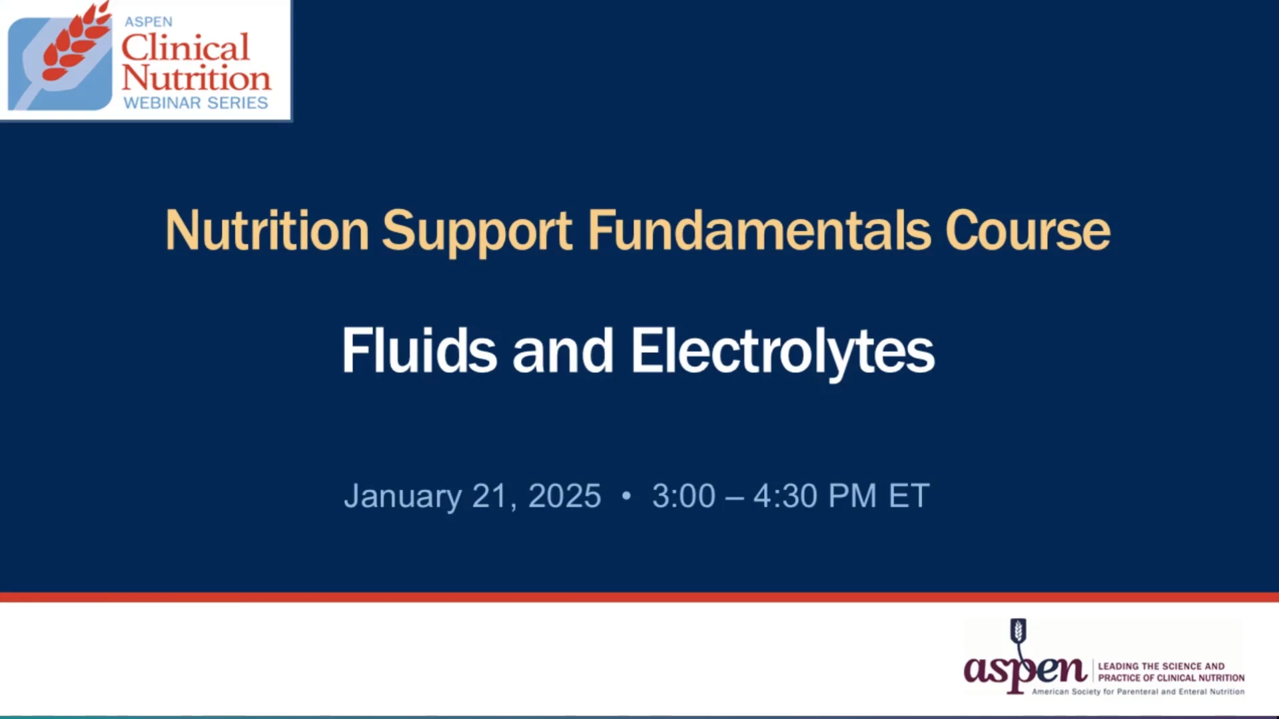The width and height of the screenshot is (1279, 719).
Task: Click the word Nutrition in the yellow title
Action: (267, 230)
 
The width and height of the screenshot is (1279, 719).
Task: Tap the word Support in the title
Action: (477, 233)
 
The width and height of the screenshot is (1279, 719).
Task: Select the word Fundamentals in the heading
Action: (759, 230)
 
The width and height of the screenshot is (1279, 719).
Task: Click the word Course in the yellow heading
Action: (1027, 231)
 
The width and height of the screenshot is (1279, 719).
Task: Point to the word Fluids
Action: (420, 350)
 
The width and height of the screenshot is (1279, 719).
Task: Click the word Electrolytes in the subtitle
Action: (783, 353)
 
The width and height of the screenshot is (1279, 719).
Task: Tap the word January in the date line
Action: (402, 497)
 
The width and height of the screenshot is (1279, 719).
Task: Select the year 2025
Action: (564, 496)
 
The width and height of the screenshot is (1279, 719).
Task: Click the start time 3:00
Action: (683, 496)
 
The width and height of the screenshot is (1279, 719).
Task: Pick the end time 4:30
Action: (785, 496)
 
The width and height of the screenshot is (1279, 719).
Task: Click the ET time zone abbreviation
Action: (909, 496)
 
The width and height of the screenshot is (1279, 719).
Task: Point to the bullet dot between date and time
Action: (626, 496)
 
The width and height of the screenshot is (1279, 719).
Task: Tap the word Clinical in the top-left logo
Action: (185, 47)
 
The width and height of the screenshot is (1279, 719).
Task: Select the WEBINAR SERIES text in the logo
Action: (196, 103)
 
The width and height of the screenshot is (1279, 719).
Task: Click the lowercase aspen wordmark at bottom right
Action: (1025, 670)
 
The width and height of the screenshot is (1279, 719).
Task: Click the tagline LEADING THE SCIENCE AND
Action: (1161, 666)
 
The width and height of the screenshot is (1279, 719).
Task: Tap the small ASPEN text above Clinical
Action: (149, 22)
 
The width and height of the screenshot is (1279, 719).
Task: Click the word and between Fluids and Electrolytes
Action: (563, 351)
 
